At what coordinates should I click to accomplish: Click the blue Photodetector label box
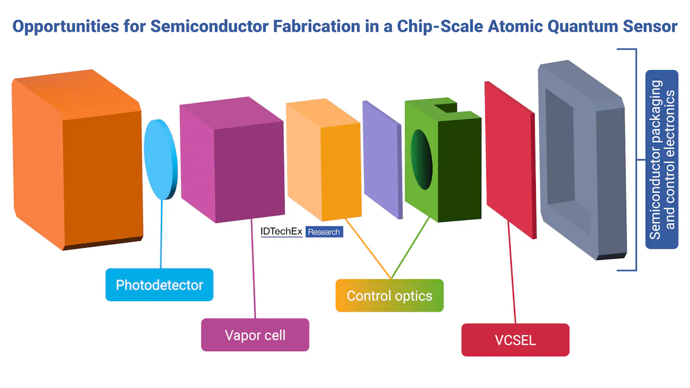click(x=159, y=285)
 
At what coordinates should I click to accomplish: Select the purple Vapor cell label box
click(x=255, y=335)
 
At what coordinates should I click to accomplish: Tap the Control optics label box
click(x=389, y=295)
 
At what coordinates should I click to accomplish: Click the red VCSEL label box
click(x=515, y=340)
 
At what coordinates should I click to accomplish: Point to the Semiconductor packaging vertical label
click(x=662, y=159)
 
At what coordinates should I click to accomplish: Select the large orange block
click(x=75, y=161)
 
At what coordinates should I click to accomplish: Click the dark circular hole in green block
click(x=421, y=159)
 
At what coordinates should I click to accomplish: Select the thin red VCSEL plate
click(x=509, y=158)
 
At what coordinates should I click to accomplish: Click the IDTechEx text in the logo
click(x=281, y=232)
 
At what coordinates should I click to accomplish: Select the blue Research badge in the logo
click(x=324, y=232)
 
